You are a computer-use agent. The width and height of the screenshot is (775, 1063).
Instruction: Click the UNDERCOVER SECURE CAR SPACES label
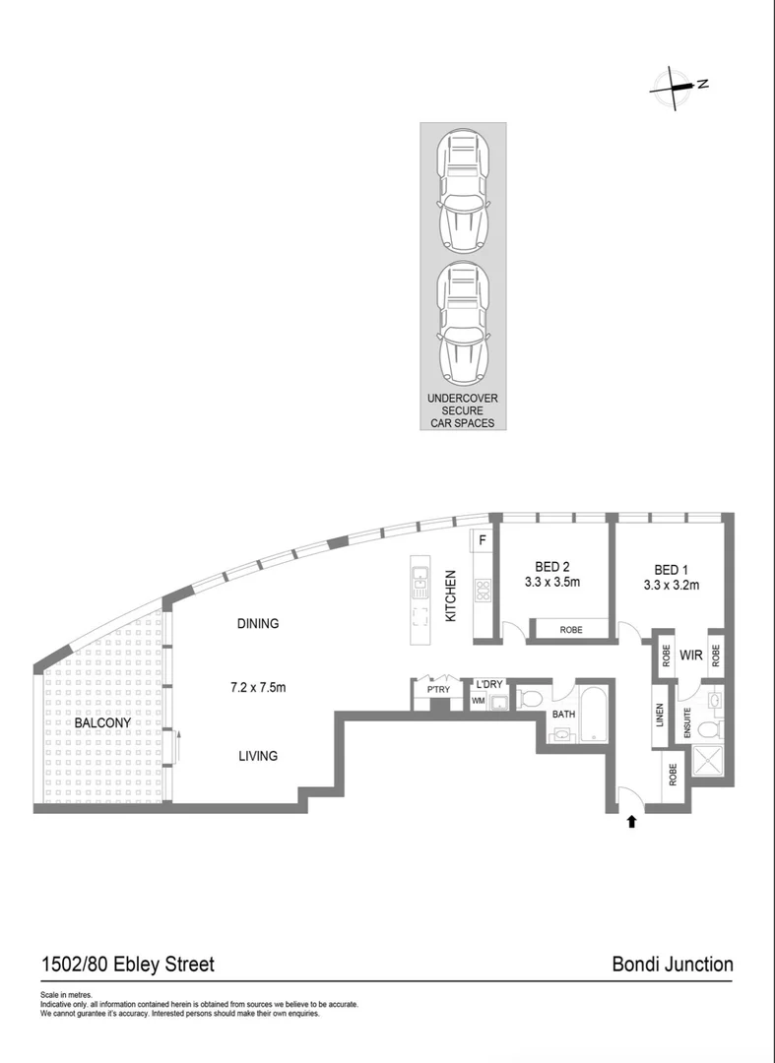462,410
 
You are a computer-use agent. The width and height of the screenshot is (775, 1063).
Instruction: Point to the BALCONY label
102,722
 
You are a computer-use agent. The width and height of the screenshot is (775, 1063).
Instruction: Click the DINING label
258,623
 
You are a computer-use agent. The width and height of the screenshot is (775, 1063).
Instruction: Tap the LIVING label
257,756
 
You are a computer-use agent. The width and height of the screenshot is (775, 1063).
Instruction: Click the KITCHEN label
452,596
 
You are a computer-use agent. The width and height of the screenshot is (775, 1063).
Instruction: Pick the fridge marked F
484,539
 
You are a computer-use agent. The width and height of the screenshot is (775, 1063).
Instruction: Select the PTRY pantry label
438,690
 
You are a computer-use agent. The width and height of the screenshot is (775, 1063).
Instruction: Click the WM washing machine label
478,701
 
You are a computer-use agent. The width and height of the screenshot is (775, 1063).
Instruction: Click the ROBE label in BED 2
570,630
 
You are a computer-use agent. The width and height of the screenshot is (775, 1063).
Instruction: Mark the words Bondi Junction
673,964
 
